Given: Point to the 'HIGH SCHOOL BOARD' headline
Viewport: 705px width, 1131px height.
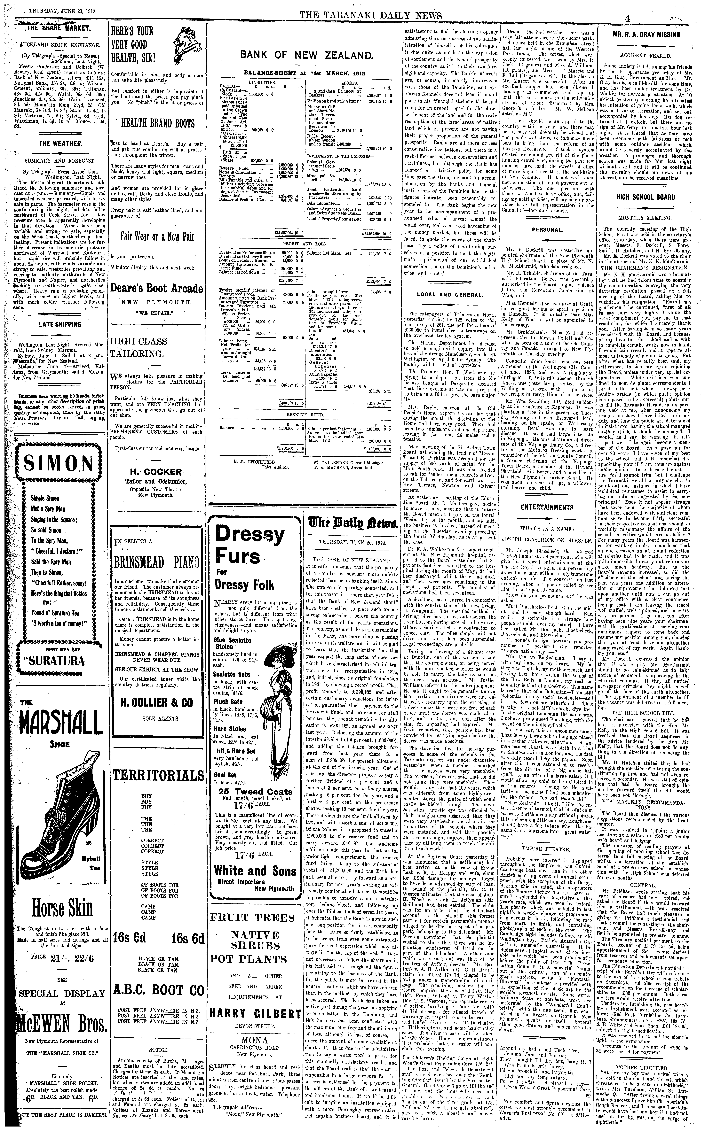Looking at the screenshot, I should click(646, 197).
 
